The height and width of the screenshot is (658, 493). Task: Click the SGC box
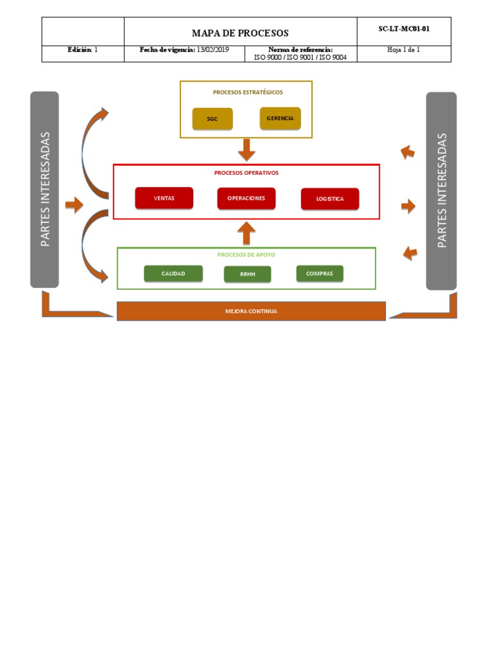tap(212, 119)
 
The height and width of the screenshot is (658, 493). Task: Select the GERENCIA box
tap(280, 118)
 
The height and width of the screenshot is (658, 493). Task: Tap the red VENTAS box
tap(164, 198)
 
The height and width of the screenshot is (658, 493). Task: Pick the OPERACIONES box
tap(246, 198)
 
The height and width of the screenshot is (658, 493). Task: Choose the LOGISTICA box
tap(329, 199)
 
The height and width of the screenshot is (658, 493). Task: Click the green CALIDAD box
tap(173, 274)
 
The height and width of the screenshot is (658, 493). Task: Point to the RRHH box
tap(247, 274)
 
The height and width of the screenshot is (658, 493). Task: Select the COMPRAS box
tap(320, 274)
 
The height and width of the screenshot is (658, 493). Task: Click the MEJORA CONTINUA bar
tap(251, 311)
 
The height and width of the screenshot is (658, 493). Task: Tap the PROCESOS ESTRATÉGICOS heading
tap(248, 92)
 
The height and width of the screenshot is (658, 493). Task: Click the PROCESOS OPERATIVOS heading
tap(246, 172)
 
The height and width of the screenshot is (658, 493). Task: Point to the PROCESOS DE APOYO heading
tap(246, 254)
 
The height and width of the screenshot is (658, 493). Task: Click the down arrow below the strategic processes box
tap(246, 150)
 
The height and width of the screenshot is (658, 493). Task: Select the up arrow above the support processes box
tap(246, 233)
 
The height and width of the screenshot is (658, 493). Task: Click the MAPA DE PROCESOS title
tap(240, 33)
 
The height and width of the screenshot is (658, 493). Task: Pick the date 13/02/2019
tap(212, 49)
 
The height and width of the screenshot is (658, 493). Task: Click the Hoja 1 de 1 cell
tap(403, 49)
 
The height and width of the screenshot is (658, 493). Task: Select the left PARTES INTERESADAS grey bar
tap(44, 190)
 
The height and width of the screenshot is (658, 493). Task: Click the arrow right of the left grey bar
tap(74, 205)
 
